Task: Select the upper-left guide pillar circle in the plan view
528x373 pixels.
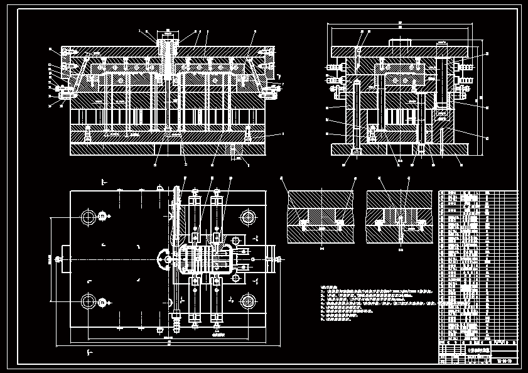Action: tap(88, 217)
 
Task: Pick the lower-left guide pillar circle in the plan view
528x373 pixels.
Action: tap(88, 302)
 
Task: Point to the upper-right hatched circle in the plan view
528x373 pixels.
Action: tap(247, 217)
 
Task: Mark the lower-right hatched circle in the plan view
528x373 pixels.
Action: tap(247, 302)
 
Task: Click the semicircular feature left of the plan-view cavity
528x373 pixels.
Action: tap(163, 259)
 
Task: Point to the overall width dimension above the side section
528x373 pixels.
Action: tap(400, 23)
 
